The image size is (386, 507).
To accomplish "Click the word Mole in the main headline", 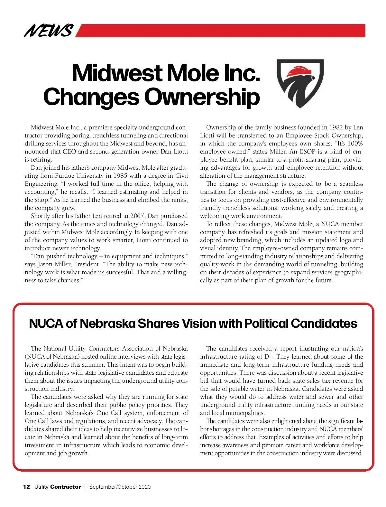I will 192,73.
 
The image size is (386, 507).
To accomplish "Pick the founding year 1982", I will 336,127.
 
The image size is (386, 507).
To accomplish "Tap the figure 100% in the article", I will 355,144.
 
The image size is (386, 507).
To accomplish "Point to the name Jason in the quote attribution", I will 46,264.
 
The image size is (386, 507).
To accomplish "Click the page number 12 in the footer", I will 26,487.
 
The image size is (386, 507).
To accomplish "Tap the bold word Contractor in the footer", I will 66,487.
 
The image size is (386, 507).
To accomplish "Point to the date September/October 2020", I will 120,487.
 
